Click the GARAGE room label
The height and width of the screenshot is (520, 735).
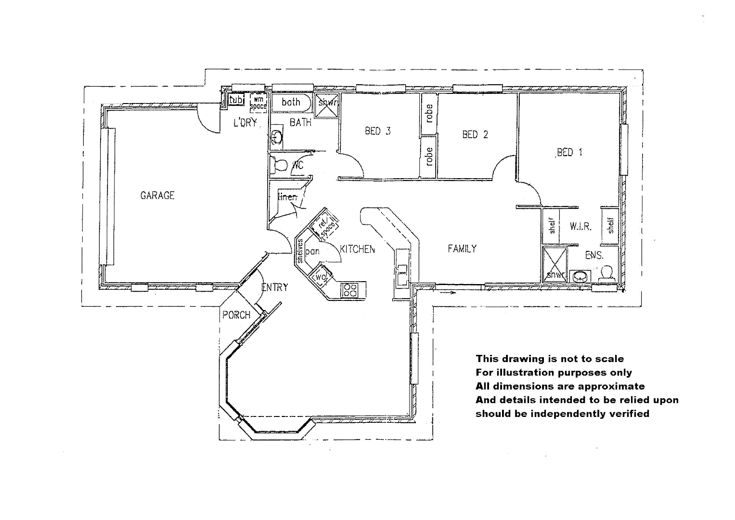pyautogui.click(x=157, y=195)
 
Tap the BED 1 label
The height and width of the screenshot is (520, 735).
pyautogui.click(x=569, y=153)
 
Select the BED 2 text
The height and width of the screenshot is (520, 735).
pyautogui.click(x=475, y=135)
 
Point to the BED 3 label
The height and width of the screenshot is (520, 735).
pyautogui.click(x=377, y=131)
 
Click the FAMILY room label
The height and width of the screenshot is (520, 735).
pyautogui.click(x=462, y=249)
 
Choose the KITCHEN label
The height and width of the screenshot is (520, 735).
pyautogui.click(x=357, y=249)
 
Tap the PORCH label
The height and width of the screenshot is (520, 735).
pyautogui.click(x=236, y=315)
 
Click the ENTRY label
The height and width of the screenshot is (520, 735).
pyautogui.click(x=275, y=287)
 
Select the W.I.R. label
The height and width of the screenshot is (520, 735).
pyautogui.click(x=580, y=226)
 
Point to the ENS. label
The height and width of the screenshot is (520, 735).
pyautogui.click(x=594, y=256)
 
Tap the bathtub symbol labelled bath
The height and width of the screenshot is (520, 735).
pyautogui.click(x=291, y=103)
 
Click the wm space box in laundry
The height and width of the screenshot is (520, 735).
pyautogui.click(x=258, y=103)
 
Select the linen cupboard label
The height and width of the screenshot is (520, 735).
pyautogui.click(x=288, y=197)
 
